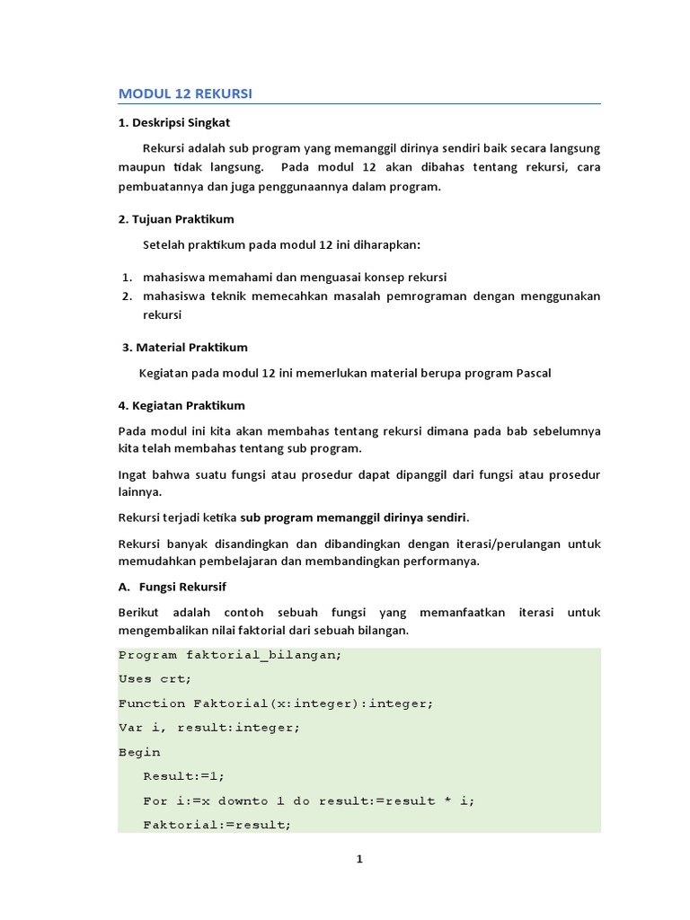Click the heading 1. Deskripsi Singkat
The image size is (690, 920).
pyautogui.click(x=174, y=122)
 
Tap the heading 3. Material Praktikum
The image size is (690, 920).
pyautogui.click(x=184, y=347)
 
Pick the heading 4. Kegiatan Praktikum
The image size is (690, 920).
pyautogui.click(x=181, y=405)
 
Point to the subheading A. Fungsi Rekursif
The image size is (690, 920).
pyautogui.click(x=172, y=587)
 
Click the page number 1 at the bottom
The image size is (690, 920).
pyautogui.click(x=359, y=859)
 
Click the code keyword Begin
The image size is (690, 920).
pyautogui.click(x=139, y=752)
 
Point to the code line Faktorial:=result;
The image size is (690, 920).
pyautogui.click(x=217, y=824)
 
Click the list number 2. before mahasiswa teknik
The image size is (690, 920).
pyautogui.click(x=128, y=296)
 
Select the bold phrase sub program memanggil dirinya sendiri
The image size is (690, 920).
pyautogui.click(x=354, y=517)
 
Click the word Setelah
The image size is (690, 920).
pyautogui.click(x=164, y=244)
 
